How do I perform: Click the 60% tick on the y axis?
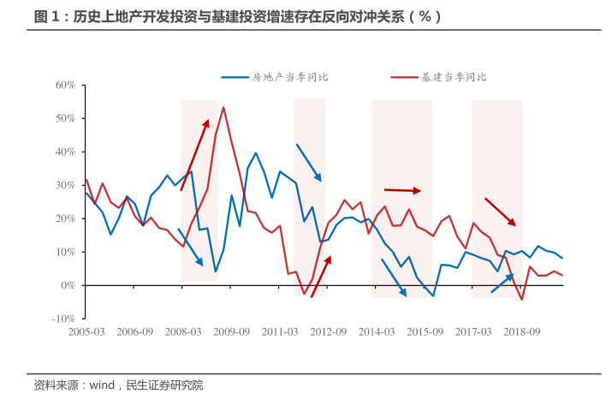66,85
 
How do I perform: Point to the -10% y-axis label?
64,318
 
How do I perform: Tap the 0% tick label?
69,284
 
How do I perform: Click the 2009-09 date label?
231,331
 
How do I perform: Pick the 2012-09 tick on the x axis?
328,331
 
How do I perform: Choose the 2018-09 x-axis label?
521,331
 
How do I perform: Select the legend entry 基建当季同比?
454,77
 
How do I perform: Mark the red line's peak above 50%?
223,107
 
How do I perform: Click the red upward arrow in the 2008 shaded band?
194,155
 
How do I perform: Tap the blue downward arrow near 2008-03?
190,247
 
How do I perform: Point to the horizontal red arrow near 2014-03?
402,190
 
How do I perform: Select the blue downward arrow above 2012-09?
308,162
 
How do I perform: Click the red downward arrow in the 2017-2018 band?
500,212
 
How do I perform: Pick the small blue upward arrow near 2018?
502,284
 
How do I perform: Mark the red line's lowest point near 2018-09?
521,300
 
